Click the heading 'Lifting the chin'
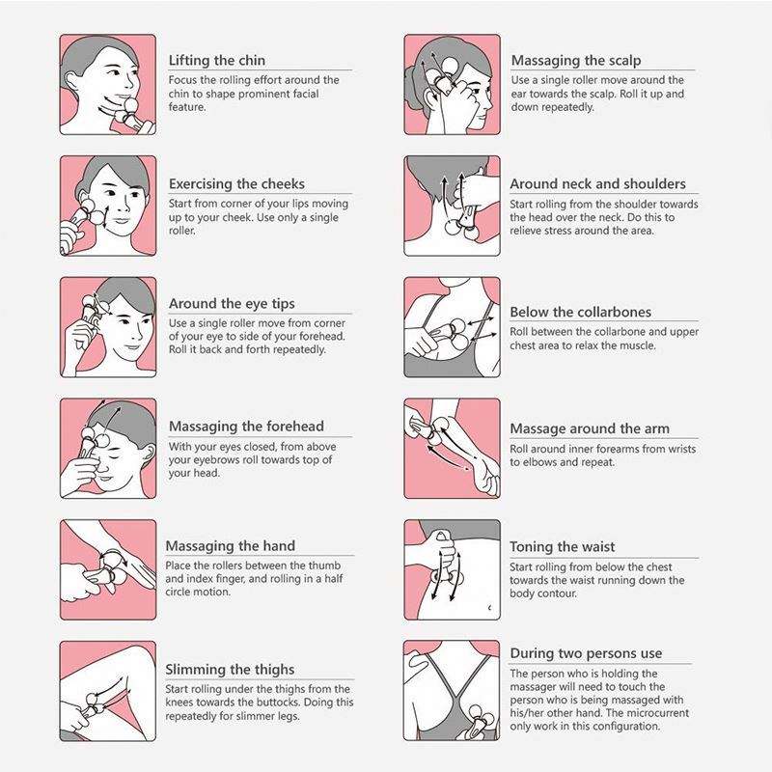[216, 61]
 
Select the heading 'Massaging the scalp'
[576, 61]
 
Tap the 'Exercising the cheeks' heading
[236, 183]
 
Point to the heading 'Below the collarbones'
[581, 312]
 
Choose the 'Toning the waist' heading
[563, 546]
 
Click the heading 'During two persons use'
[586, 653]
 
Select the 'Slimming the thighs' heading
[230, 670]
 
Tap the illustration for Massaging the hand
[108, 569]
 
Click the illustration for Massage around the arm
[452, 449]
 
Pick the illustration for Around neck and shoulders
[452, 206]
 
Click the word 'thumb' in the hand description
[324, 565]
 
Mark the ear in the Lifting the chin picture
[70, 81]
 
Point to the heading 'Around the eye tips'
[232, 304]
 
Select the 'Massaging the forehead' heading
[246, 427]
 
